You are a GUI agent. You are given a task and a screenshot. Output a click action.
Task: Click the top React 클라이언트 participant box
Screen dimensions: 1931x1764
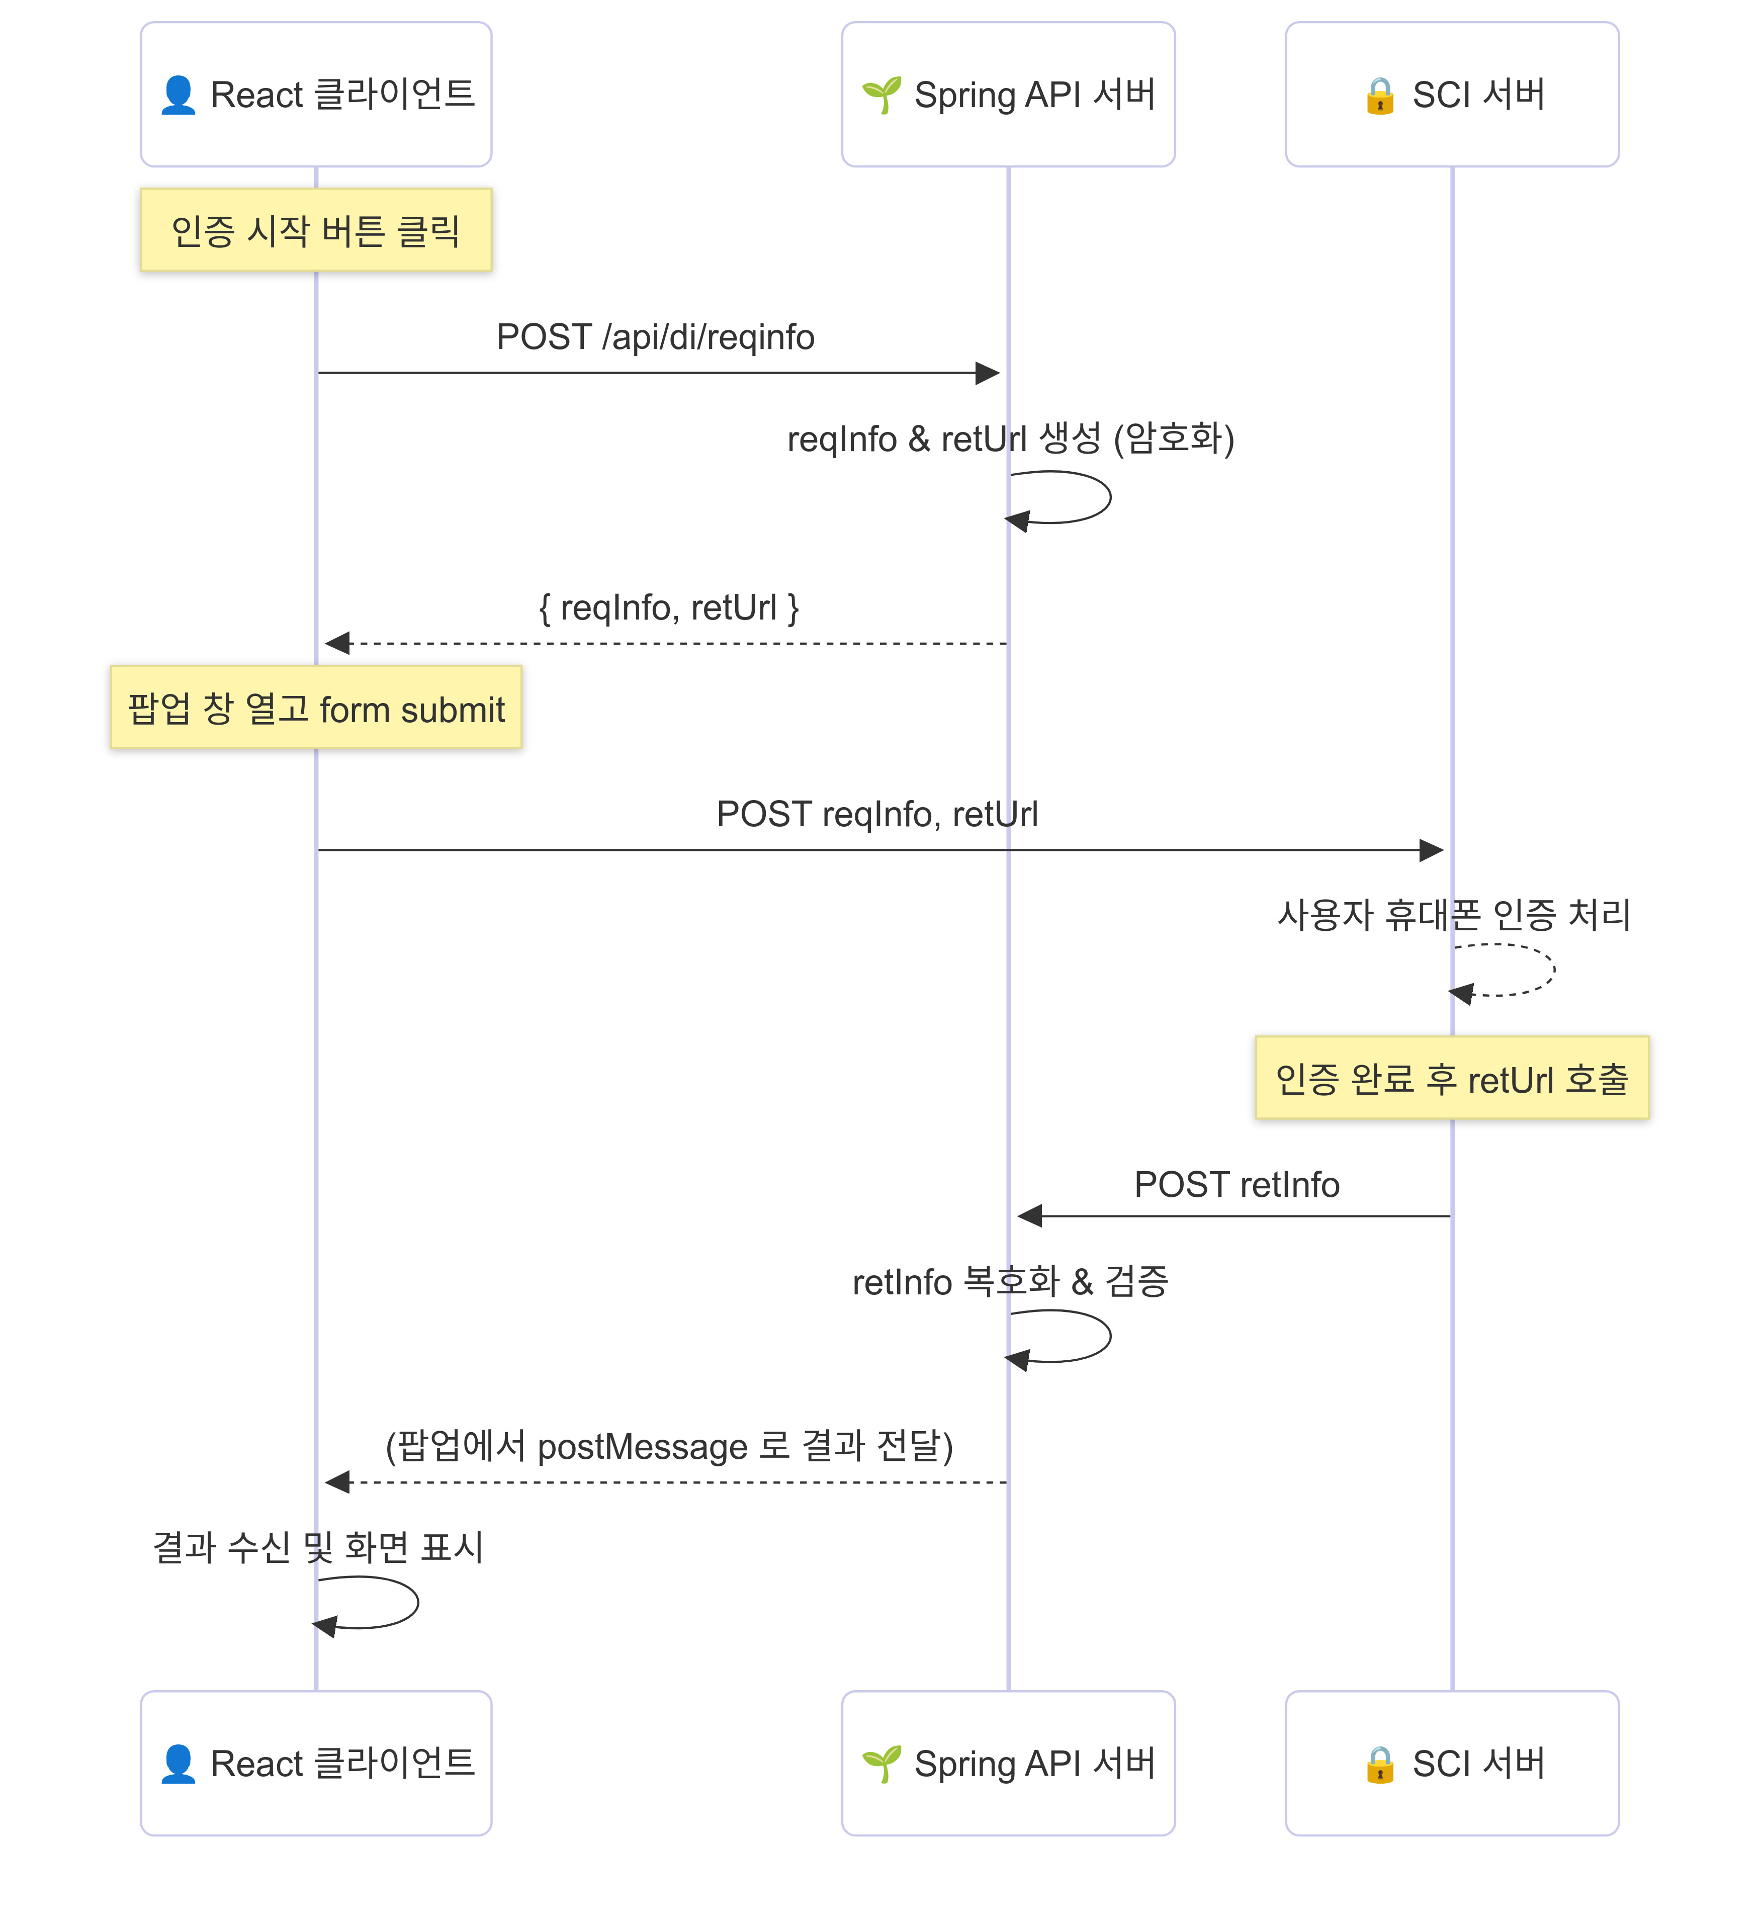point(316,94)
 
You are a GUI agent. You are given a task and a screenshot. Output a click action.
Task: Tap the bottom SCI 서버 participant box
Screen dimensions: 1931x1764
point(1452,1763)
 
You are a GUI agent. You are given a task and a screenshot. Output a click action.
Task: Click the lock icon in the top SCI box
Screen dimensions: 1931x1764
point(1379,96)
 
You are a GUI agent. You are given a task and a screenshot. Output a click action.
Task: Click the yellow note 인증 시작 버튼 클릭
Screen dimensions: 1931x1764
point(316,230)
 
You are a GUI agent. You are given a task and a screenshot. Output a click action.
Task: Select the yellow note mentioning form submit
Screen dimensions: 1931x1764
point(316,708)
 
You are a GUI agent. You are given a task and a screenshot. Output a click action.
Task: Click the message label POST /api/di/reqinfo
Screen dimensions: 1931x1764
point(655,337)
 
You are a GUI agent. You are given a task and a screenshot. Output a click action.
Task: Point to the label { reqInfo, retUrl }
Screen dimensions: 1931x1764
point(668,607)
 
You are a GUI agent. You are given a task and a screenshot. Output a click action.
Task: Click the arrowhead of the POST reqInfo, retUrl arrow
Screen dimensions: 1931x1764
point(1432,850)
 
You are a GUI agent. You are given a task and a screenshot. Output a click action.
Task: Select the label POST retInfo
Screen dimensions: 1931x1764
point(1237,1185)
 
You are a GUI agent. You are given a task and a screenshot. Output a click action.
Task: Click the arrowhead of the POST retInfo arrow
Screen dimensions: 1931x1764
point(1029,1216)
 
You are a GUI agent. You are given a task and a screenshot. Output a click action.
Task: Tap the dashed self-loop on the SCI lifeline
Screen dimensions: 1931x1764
point(1551,970)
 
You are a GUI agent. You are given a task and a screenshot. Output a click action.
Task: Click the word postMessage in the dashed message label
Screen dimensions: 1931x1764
point(642,1446)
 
